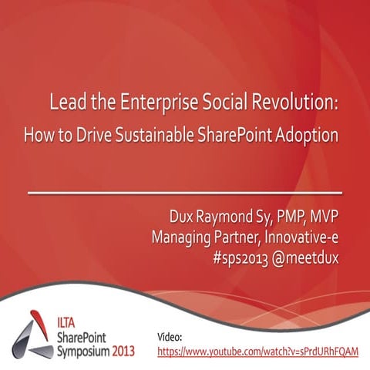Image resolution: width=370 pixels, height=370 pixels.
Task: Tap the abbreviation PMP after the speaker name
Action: pos(286,211)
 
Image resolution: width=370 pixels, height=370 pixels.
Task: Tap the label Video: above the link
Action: pos(170,338)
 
